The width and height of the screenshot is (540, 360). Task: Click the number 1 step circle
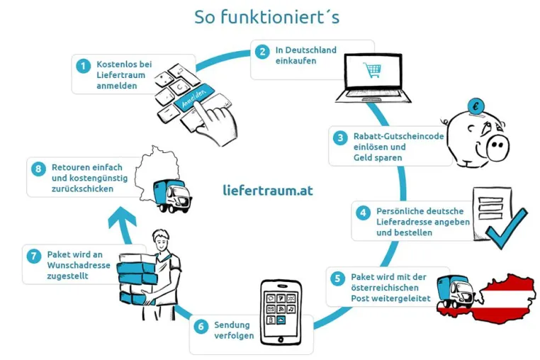click(84, 66)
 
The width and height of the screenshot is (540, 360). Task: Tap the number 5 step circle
click(337, 279)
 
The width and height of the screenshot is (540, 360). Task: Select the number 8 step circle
click(38, 169)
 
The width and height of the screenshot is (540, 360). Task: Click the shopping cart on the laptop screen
click(372, 70)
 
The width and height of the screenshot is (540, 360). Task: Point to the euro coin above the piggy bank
click(476, 106)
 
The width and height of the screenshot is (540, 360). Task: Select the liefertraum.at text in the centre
click(268, 190)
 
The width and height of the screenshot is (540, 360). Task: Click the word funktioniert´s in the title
click(280, 17)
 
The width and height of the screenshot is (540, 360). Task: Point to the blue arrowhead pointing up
click(122, 218)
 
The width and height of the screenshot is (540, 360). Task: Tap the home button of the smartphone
click(281, 339)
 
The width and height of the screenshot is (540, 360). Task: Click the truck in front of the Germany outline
click(171, 196)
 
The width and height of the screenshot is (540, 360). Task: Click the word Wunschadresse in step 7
click(79, 265)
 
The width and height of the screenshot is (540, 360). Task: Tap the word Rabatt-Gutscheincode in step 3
click(398, 136)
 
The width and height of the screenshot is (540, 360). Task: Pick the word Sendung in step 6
click(232, 325)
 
